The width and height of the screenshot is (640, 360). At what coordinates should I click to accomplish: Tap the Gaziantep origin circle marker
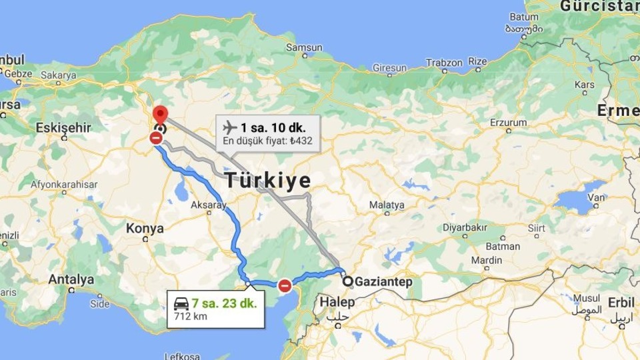point(347,281)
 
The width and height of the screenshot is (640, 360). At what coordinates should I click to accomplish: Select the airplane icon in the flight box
point(229,127)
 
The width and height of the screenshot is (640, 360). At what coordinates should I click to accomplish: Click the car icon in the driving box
point(181,303)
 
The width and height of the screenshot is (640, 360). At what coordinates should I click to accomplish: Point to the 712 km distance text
point(190,316)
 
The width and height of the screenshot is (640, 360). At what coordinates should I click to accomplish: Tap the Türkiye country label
point(268,180)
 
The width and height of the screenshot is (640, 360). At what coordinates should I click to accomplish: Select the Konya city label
point(145,229)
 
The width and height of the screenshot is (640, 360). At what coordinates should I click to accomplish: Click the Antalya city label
point(71,279)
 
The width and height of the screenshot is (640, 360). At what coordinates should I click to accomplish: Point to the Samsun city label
point(304,48)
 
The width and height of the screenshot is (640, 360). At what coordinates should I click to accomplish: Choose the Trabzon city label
point(444,63)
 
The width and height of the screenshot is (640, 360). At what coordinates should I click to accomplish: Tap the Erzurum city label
point(508,123)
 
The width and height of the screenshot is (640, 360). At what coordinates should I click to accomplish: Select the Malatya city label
point(387,205)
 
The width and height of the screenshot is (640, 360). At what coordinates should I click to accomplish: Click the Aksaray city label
point(209,205)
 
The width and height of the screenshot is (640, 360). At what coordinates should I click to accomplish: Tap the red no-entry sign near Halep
point(285,285)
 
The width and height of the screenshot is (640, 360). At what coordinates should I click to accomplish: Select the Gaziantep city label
point(383,282)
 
